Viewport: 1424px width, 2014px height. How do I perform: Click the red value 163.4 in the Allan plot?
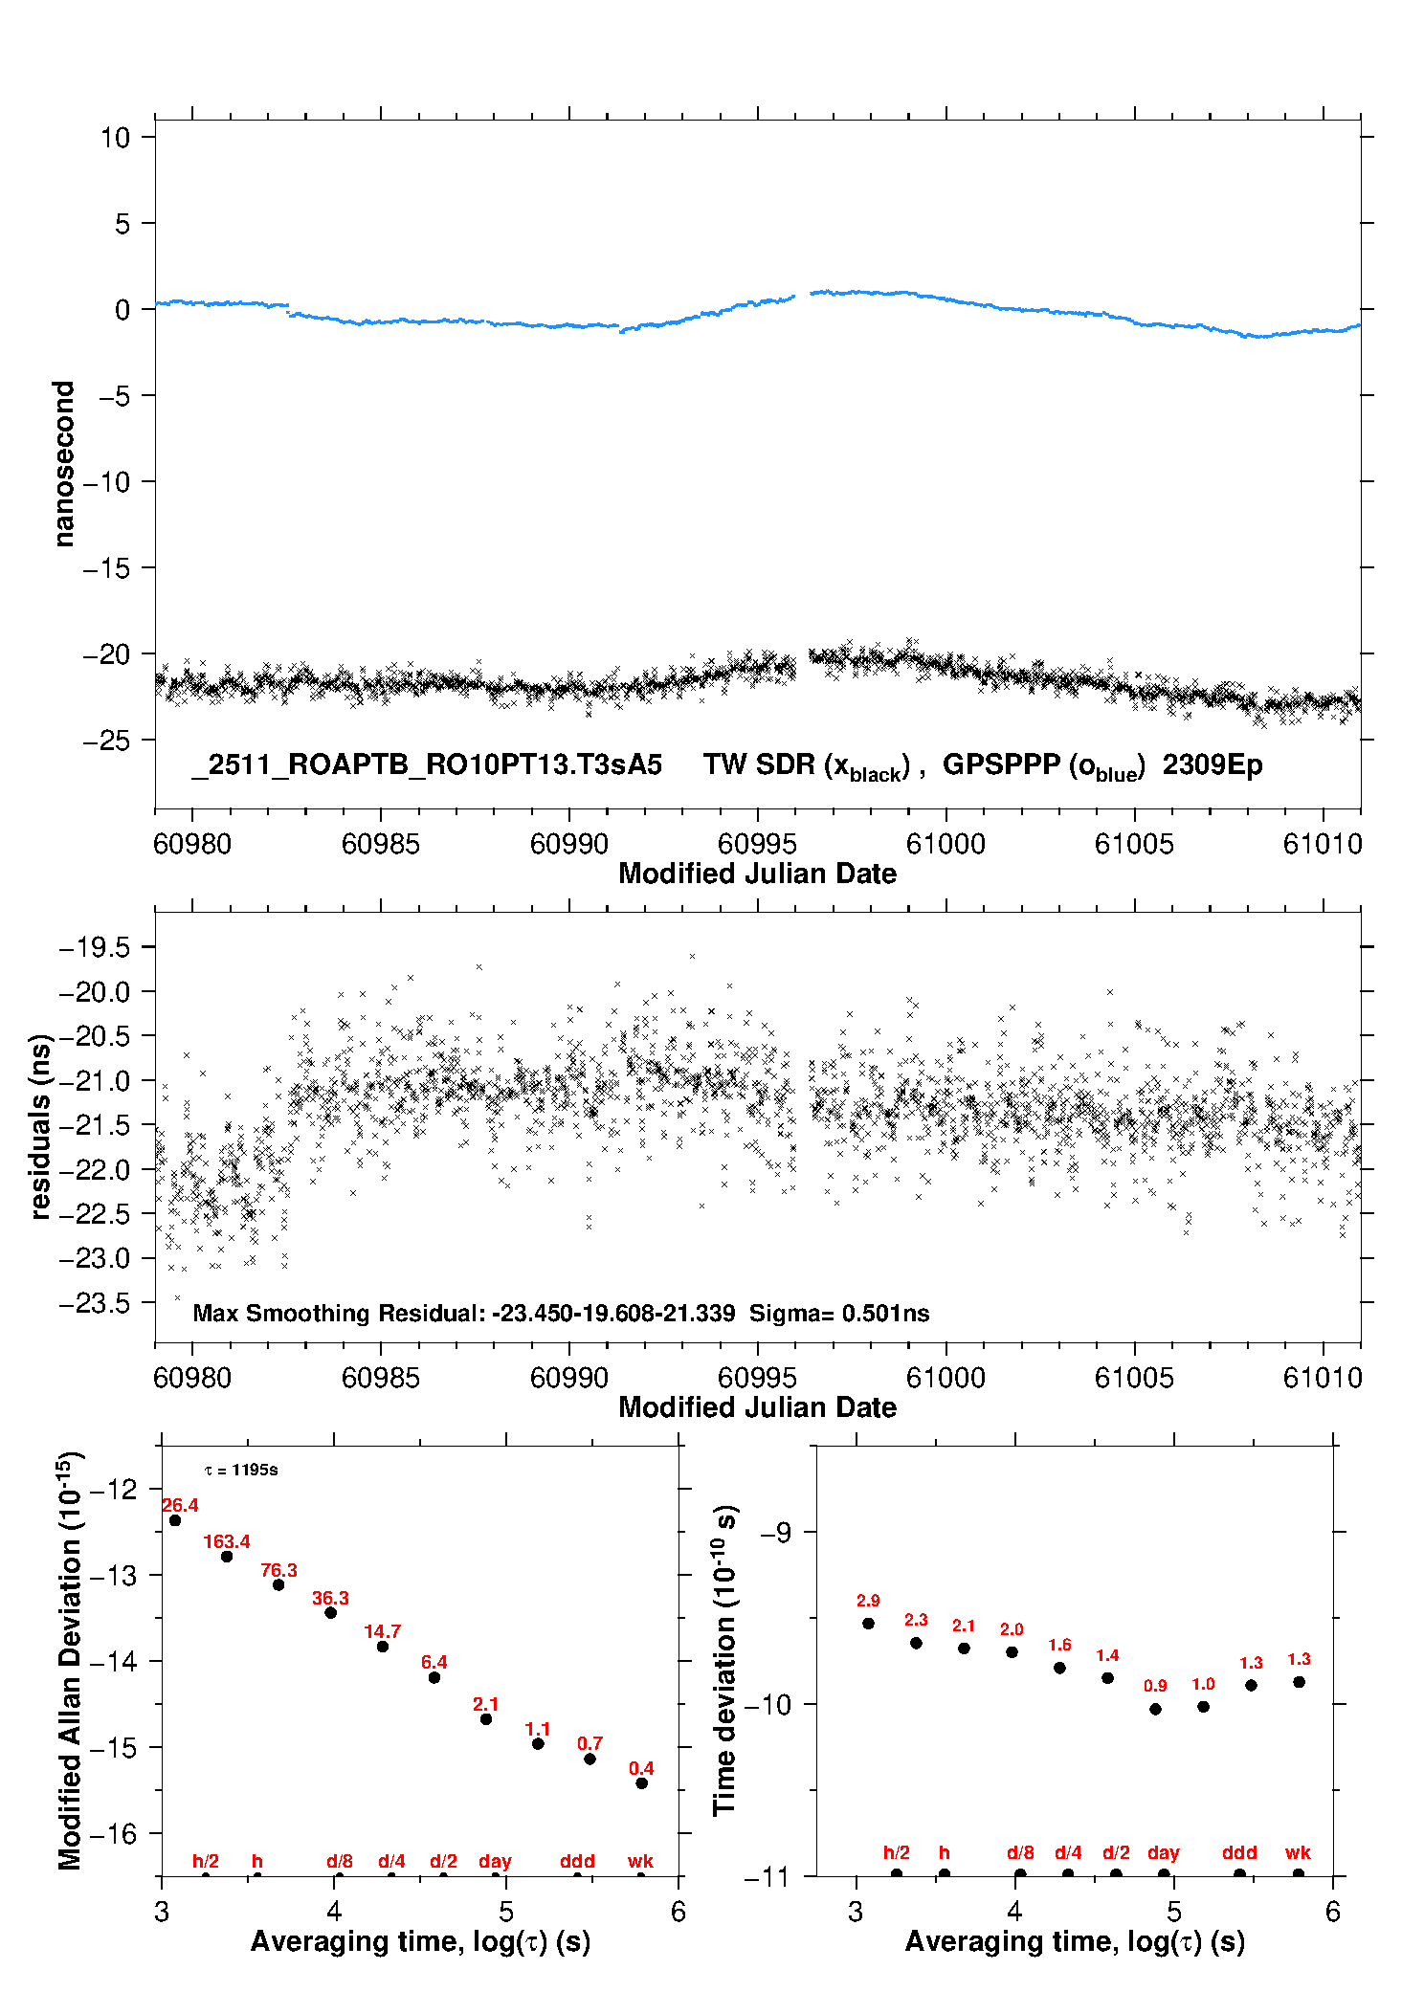point(226,1542)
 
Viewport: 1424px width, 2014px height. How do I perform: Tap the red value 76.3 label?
point(278,1571)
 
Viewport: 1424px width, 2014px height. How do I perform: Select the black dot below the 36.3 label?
point(331,1613)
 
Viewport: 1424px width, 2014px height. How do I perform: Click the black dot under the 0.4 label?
point(642,1783)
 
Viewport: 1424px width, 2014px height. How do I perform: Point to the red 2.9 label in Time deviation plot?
point(868,1601)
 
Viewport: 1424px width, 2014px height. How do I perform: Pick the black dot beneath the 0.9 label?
point(1156,1710)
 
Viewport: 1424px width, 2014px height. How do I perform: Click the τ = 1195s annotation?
point(241,1471)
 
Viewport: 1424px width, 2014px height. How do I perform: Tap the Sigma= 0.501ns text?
point(839,1314)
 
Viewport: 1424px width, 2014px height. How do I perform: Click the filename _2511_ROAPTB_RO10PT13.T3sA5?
point(427,765)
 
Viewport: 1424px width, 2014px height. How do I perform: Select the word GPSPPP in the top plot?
point(1002,765)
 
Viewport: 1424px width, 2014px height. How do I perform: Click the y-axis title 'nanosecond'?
point(64,464)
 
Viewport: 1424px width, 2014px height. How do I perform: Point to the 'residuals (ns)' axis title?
point(40,1127)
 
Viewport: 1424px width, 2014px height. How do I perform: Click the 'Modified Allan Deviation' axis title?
point(70,1660)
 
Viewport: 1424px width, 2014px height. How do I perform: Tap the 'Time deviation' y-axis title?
point(724,1660)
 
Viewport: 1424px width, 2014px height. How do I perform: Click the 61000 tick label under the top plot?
point(946,845)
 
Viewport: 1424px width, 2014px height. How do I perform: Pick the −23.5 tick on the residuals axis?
point(94,1303)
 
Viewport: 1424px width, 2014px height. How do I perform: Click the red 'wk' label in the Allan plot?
point(640,1862)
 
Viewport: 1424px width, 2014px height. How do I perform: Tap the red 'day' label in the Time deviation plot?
point(1164,1853)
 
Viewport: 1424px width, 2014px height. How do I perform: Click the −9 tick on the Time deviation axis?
point(776,1533)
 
